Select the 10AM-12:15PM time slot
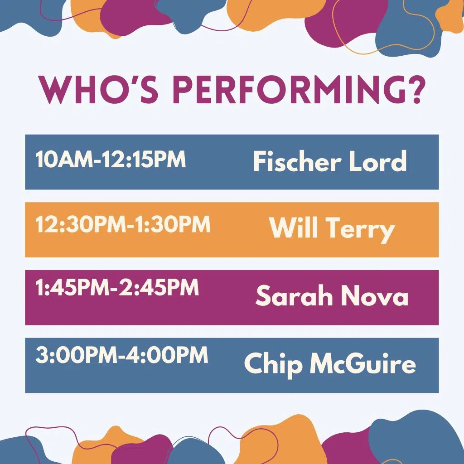111,159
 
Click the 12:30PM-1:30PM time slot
123,224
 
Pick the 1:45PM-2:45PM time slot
117,287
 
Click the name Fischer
297,161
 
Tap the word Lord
378,161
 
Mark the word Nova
375,295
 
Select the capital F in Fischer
260,161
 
